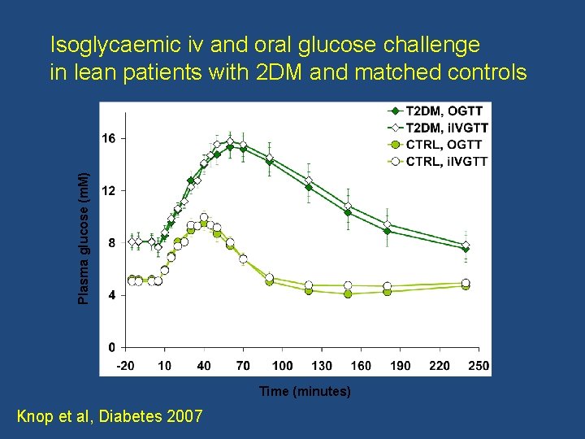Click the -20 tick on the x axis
coord(125,366)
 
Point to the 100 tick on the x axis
coord(282,366)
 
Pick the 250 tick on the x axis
coord(479,366)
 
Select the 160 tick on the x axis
coord(361,366)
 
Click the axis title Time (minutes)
coord(305,392)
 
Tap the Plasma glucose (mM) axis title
coord(84,237)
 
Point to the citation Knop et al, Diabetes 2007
coord(110,417)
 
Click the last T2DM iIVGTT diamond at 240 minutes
coord(466,245)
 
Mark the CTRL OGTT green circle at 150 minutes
coord(348,293)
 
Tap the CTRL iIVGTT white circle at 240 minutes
coord(466,283)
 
